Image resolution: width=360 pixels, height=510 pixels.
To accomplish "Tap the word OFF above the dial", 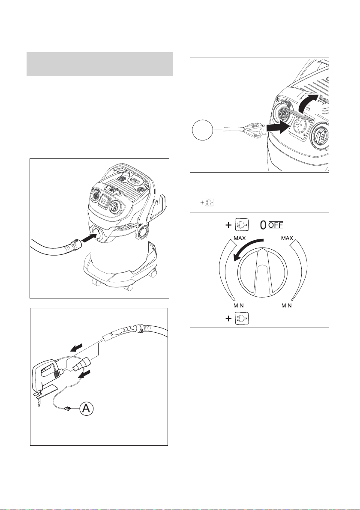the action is click(276, 225).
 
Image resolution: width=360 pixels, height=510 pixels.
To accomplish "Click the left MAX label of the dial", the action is click(240, 239).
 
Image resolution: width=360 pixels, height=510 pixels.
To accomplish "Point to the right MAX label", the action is click(287, 239).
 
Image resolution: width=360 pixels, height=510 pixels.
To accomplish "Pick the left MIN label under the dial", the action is click(238, 306).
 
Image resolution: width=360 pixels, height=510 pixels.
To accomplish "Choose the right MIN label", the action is click(286, 306).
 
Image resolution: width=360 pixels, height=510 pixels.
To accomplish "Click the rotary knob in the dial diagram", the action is click(262, 273).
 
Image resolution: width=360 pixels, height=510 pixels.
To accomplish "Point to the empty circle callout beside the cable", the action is click(202, 130).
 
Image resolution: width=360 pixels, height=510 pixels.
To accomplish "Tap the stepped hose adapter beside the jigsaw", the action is click(82, 363).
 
